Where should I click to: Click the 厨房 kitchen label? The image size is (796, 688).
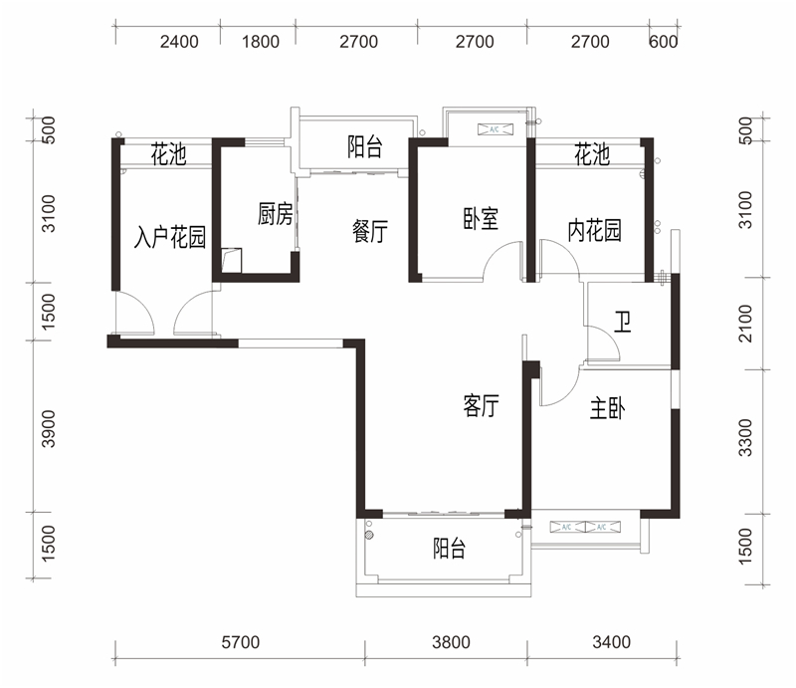[x=275, y=214]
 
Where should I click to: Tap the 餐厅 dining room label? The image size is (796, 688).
[x=369, y=231]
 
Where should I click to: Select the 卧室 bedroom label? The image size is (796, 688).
[x=481, y=219]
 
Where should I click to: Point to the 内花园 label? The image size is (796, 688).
[x=594, y=230]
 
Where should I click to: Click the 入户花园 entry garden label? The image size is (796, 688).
[x=170, y=237]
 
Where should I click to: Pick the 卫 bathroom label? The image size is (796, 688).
[x=622, y=323]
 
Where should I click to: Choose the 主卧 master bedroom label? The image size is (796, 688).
[x=606, y=409]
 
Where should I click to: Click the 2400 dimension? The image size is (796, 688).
[x=179, y=42]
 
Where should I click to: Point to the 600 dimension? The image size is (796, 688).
[x=663, y=42]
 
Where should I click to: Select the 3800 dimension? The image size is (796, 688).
[x=450, y=642]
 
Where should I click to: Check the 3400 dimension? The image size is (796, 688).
[x=610, y=642]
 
